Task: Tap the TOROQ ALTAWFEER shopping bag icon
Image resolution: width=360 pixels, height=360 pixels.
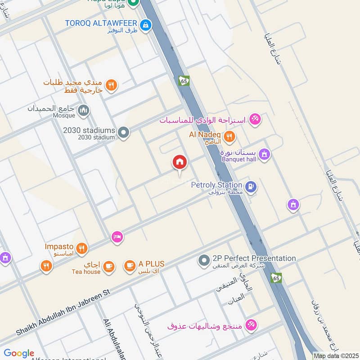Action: pos(145,26)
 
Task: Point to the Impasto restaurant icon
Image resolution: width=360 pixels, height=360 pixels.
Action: pos(81,248)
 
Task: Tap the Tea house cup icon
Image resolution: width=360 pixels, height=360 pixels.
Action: pos(108,266)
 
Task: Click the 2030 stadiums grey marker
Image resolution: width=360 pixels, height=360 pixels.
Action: pos(124,133)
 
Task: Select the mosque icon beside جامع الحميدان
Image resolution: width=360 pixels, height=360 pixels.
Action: pos(83,110)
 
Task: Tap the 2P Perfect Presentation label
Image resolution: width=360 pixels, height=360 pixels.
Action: pos(254,258)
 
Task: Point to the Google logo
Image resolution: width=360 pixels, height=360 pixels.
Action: pos(19,353)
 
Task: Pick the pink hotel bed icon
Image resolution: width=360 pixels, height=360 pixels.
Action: pos(117,237)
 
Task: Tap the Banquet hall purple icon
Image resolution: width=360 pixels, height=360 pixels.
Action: pos(265,154)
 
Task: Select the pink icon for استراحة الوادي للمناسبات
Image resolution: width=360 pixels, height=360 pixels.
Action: pos(255,120)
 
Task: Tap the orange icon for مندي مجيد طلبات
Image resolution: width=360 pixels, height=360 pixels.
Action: pos(111,85)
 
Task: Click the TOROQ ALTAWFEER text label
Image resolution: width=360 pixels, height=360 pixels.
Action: pos(100,22)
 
